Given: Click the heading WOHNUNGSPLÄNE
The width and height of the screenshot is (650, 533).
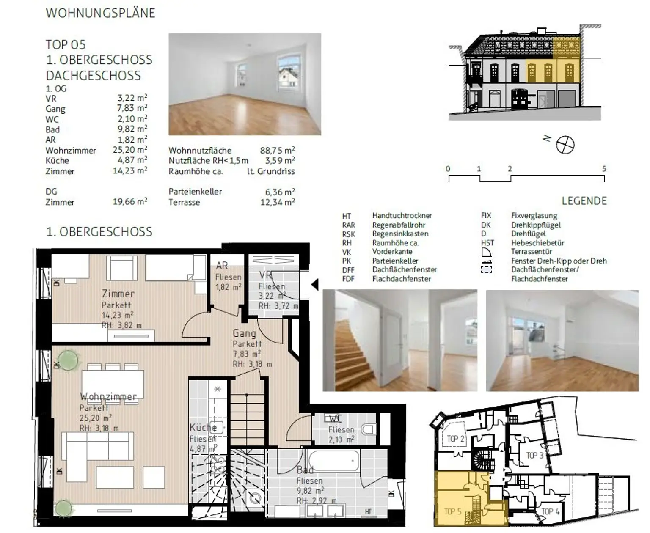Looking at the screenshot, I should click(x=100, y=13).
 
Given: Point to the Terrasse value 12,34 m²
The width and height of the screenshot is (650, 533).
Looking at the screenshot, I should click(x=277, y=202).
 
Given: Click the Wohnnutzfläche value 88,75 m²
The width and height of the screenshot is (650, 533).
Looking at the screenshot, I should click(x=277, y=150).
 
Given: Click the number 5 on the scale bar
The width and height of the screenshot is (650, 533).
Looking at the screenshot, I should click(x=604, y=169).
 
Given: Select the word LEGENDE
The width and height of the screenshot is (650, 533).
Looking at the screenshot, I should click(x=584, y=201).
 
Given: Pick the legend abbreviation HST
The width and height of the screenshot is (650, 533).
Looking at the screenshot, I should click(x=487, y=243).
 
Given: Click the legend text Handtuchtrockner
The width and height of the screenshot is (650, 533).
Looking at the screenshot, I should click(x=402, y=216).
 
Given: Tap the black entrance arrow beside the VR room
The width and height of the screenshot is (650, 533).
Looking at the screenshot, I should click(x=315, y=284).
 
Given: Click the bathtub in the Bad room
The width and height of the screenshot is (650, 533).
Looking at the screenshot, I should click(x=333, y=461).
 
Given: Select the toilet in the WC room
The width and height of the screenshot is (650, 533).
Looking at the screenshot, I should click(x=368, y=430).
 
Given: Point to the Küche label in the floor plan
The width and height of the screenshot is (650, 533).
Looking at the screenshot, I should click(x=203, y=427).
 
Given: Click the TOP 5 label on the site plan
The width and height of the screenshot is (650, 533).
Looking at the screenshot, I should click(x=452, y=511).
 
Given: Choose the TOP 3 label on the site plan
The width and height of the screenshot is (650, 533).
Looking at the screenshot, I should click(x=534, y=455).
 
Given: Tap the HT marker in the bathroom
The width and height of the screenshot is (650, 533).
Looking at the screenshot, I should click(x=368, y=512).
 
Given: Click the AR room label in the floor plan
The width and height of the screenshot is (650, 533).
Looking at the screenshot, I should click(x=222, y=266).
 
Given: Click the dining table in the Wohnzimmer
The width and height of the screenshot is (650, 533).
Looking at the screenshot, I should click(x=113, y=383).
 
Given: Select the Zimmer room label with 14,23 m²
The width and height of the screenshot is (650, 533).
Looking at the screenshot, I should click(x=118, y=294).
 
